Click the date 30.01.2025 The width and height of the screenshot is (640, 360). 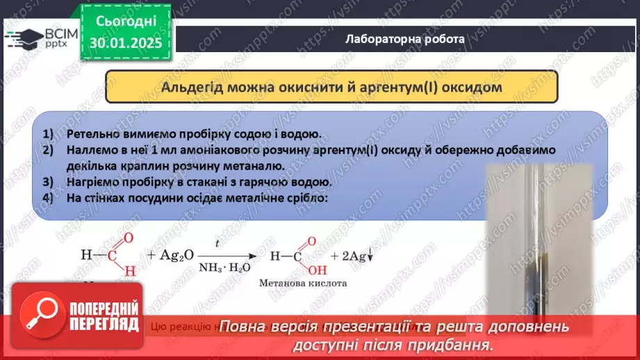click(125, 42)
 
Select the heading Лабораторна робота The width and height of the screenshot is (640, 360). click(405, 39)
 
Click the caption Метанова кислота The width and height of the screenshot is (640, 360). click(302, 283)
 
